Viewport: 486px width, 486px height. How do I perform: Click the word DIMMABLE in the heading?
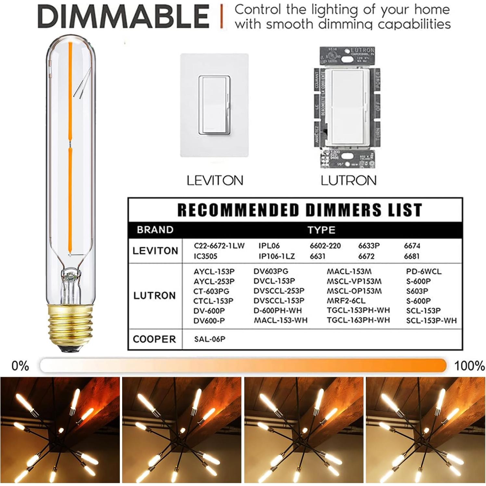coord(123,16)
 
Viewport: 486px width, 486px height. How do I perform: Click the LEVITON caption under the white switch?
coord(215,180)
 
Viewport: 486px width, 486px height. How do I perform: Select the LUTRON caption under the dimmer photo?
coord(349,180)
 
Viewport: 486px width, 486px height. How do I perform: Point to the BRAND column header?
coord(155,230)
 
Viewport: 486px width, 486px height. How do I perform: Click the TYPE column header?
coord(321,230)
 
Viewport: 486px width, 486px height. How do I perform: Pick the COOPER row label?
coord(154,339)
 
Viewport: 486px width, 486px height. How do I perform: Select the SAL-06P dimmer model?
coord(210,339)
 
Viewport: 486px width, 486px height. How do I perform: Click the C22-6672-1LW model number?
coord(219,246)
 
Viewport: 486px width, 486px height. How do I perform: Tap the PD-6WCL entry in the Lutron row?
coord(424,272)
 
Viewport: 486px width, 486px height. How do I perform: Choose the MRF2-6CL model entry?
coord(346,301)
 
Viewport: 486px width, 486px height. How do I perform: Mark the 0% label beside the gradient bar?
coord(20,366)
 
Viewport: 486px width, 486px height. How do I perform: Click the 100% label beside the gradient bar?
coord(469,366)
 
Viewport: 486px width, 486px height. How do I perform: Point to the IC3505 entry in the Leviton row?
coord(205,256)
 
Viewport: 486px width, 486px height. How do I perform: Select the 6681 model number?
coord(412,256)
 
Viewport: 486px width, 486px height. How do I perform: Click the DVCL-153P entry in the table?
coord(274,281)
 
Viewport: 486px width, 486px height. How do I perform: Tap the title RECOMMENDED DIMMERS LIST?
coord(300,210)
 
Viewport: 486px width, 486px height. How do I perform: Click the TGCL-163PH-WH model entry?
coord(358,320)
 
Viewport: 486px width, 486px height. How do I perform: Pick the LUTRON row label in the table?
coord(154,296)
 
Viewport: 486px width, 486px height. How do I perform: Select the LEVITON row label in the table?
coord(155,251)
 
